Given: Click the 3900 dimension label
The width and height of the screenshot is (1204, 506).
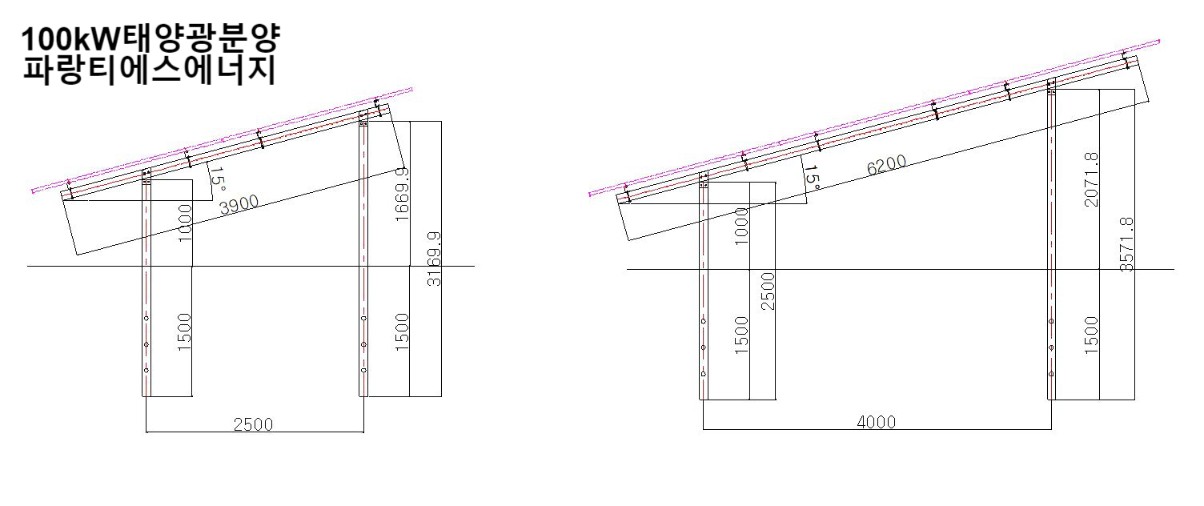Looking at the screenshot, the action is pyautogui.click(x=239, y=204).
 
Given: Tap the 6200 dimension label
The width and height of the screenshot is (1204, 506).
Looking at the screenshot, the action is pyautogui.click(x=887, y=165).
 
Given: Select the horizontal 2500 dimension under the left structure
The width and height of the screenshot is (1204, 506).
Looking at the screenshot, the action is pyautogui.click(x=253, y=425).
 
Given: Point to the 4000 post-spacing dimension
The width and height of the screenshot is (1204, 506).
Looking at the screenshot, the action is pyautogui.click(x=876, y=422).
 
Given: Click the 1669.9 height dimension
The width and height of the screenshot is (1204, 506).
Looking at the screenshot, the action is pyautogui.click(x=402, y=194).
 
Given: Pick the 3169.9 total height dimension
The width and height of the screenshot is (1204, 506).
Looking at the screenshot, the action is pyautogui.click(x=434, y=259).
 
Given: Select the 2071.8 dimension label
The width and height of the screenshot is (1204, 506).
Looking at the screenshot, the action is pyautogui.click(x=1091, y=179).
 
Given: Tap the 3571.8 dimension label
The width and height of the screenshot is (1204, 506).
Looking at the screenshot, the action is pyautogui.click(x=1126, y=244).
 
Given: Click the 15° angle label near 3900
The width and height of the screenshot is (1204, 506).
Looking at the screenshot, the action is pyautogui.click(x=217, y=179).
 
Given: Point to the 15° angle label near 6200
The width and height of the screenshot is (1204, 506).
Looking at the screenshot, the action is pyautogui.click(x=812, y=178).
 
